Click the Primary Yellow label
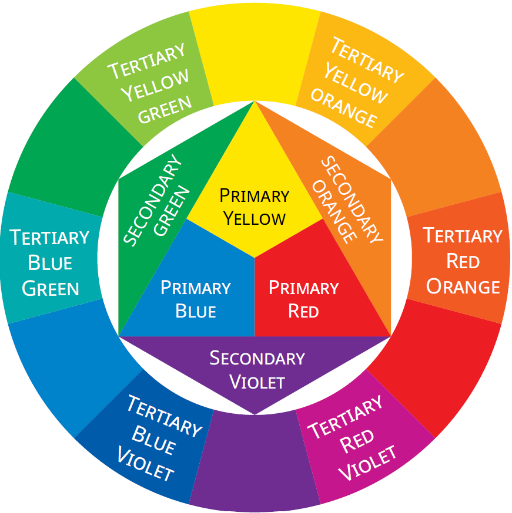coord(255,207)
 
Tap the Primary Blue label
coord(196,299)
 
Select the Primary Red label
coord(304,299)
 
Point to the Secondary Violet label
coord(257,370)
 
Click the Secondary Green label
coord(156,200)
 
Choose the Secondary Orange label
coord(347,200)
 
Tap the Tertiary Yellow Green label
coord(150,83)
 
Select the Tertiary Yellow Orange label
coord(357,82)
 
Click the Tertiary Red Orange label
coord(463,261)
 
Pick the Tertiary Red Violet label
coord(352,437)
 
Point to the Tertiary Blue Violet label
coord(159,437)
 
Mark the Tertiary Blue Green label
coord(49,263)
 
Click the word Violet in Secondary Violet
coord(257,382)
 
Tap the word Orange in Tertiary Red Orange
coord(463,286)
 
